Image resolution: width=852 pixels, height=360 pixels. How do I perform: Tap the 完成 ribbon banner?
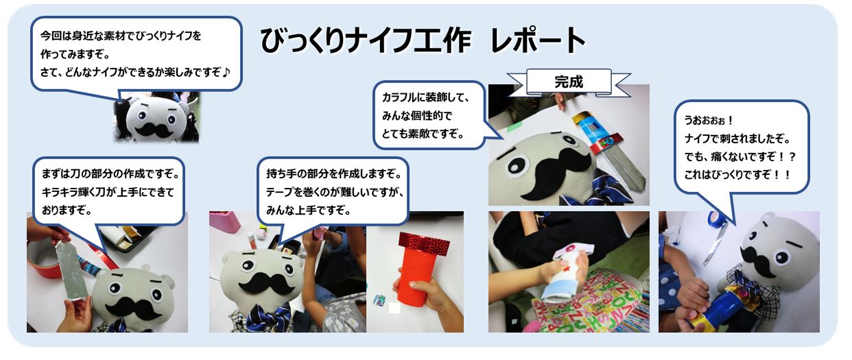569,82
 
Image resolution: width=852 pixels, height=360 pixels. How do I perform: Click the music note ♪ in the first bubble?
226,72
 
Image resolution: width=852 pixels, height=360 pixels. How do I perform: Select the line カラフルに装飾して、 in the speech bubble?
426,97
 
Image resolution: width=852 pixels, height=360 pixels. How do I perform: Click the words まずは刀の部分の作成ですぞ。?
110,174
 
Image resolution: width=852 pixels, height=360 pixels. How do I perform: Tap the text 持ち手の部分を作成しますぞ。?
334,174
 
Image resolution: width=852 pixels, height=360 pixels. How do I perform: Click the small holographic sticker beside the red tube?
379,300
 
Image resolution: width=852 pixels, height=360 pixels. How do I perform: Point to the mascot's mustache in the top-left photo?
154,130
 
